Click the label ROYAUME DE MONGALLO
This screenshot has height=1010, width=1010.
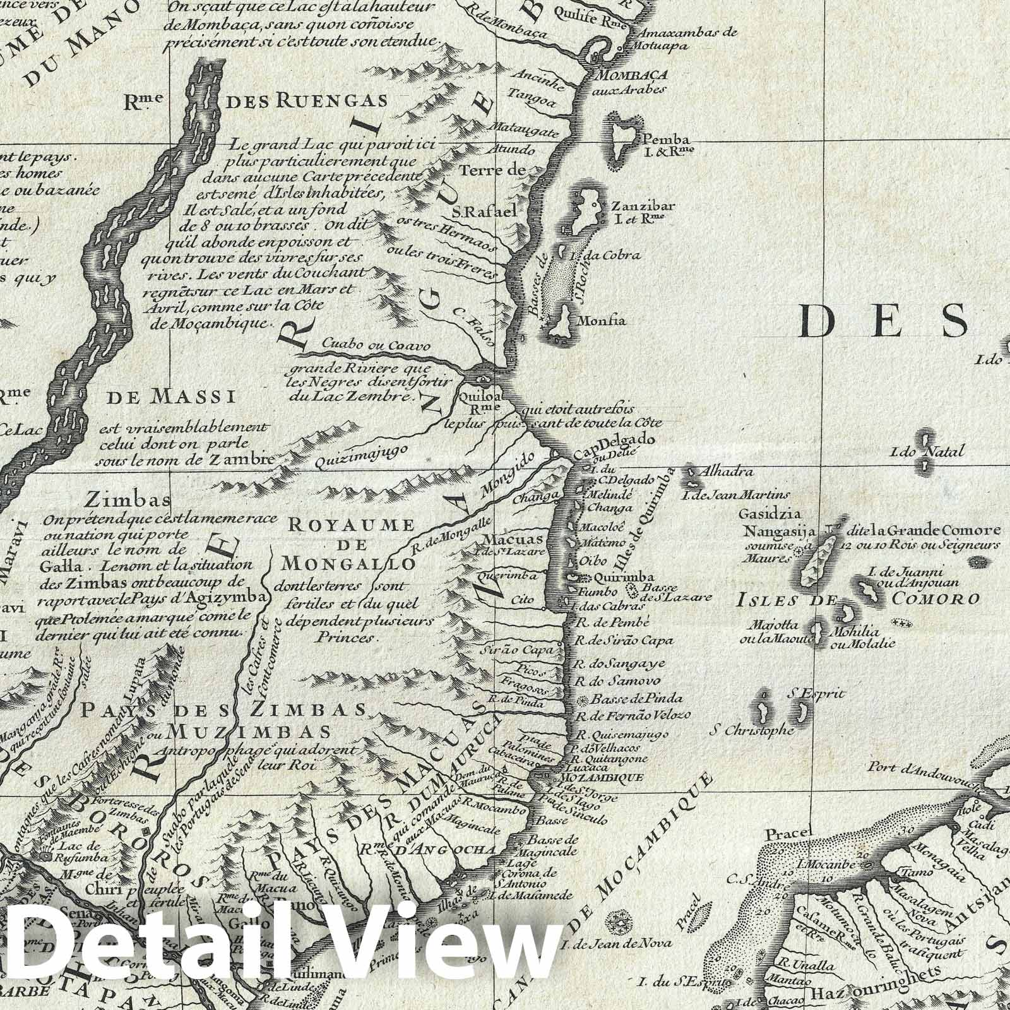coord(351,543)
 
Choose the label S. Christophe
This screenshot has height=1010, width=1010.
coord(751,730)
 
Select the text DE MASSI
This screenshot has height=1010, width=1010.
coord(172,397)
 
